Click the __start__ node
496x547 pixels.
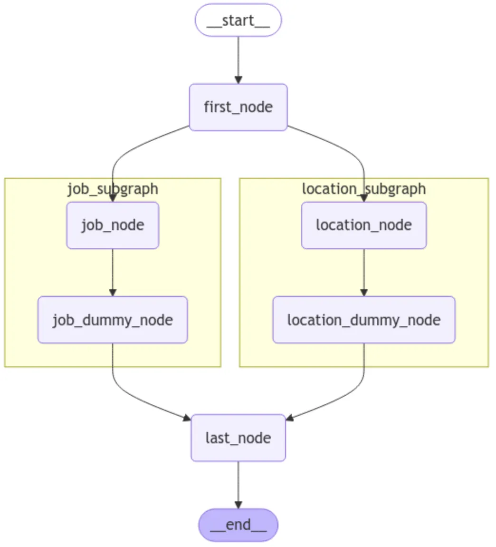(238, 20)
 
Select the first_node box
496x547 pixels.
(238, 107)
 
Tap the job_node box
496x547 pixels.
(113, 225)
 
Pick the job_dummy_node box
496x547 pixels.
(113, 320)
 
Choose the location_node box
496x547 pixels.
(364, 225)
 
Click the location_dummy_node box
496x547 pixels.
(364, 320)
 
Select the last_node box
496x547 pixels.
(238, 438)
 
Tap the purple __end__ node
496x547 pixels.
(238, 525)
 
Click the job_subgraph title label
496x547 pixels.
(113, 189)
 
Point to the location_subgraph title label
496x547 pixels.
(364, 189)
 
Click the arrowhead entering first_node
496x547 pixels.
(238, 79)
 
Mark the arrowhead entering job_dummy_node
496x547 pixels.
(113, 292)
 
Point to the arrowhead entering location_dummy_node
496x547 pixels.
(364, 292)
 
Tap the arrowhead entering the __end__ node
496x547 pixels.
(238, 504)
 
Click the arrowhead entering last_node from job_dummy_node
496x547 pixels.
(186, 418)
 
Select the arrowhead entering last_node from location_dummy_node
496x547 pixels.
(290, 418)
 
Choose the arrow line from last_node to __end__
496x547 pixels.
(238, 480)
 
